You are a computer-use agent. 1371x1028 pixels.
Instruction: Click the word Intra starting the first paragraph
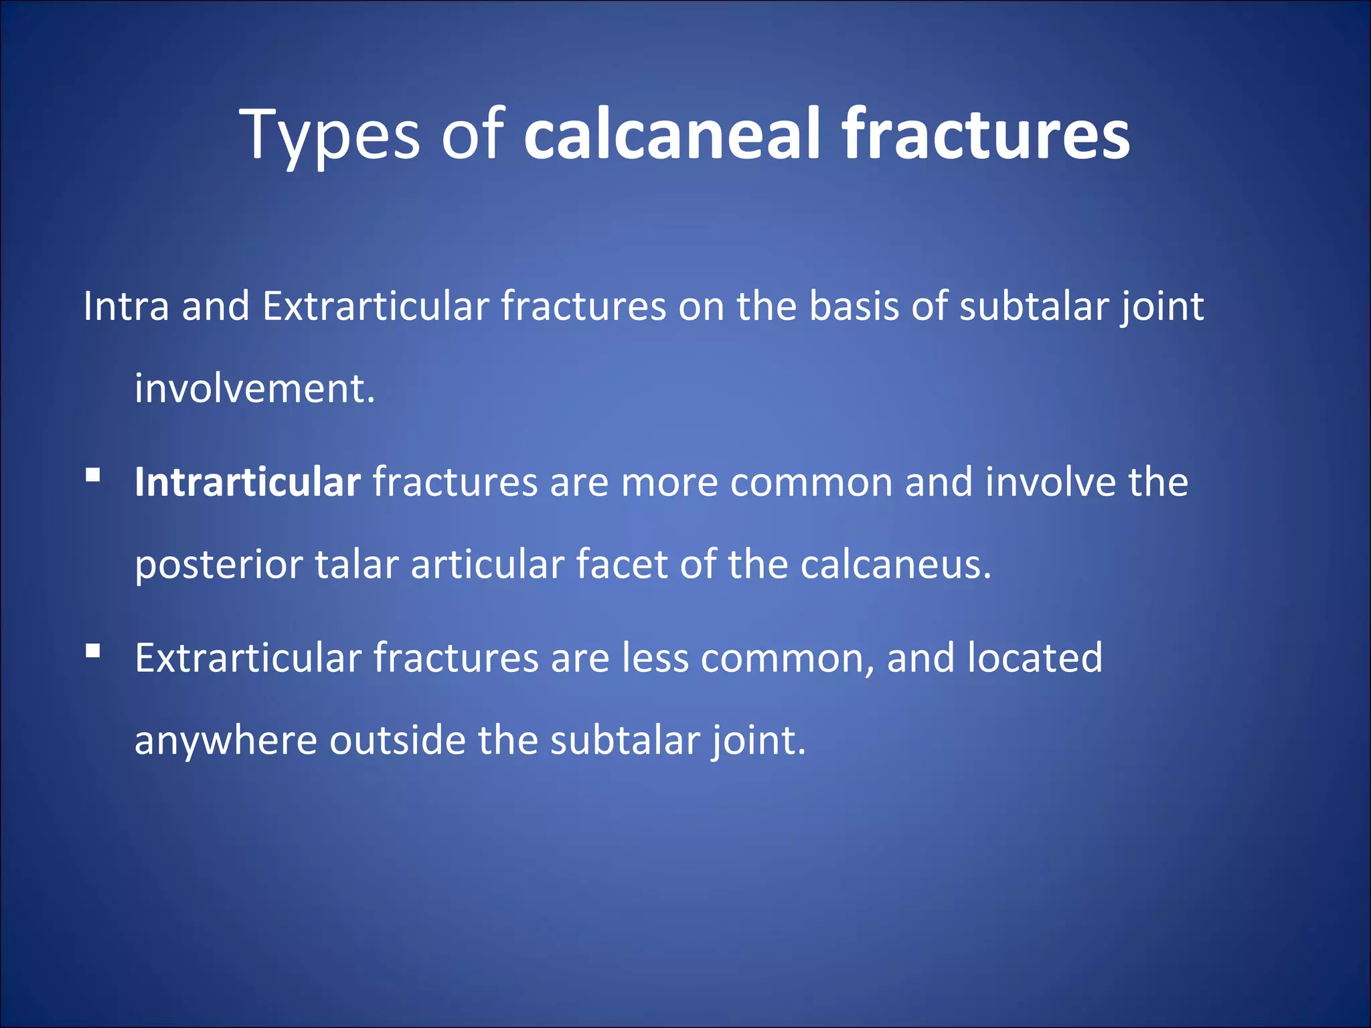pyautogui.click(x=126, y=307)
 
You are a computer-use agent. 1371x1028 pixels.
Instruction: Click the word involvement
pyautogui.click(x=254, y=389)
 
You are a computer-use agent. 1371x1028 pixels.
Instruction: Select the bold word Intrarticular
pyautogui.click(x=247, y=482)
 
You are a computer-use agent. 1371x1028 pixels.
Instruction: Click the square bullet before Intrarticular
pyautogui.click(x=93, y=476)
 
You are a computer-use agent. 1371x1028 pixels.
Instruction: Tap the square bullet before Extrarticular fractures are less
pyautogui.click(x=93, y=651)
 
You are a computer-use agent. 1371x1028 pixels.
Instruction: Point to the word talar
pyautogui.click(x=356, y=564)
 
